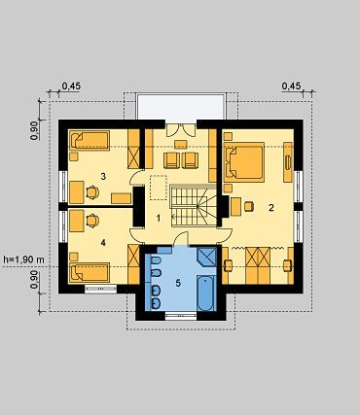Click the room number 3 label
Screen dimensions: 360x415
pyautogui.click(x=103, y=177)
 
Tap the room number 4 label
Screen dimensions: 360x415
pyautogui.click(x=103, y=242)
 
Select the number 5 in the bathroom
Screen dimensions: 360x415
pyautogui.click(x=178, y=283)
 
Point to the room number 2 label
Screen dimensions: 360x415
pyautogui.click(x=271, y=208)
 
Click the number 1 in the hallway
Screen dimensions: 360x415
pyautogui.click(x=159, y=219)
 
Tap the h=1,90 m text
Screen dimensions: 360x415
pyautogui.click(x=23, y=259)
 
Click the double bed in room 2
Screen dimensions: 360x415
pyautogui.click(x=243, y=160)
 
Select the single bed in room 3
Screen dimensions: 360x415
pyautogui.click(x=90, y=140)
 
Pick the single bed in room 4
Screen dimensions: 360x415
pyautogui.click(x=90, y=272)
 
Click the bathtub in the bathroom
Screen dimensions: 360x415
pyautogui.click(x=206, y=294)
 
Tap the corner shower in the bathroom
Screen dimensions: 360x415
pyautogui.click(x=206, y=257)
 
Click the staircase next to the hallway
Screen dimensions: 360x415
pyautogui.click(x=194, y=206)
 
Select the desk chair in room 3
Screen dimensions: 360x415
pyautogui.click(x=92, y=192)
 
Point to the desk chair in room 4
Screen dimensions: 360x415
pyautogui.click(x=92, y=221)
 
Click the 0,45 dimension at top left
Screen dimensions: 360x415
pyautogui.click(x=71, y=86)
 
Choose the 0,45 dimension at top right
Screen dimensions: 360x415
pyautogui.click(x=291, y=86)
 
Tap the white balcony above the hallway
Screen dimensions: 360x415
pyautogui.click(x=180, y=107)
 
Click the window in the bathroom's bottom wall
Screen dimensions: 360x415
pyautogui.click(x=181, y=317)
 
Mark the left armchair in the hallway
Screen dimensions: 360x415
pyautogui.click(x=171, y=160)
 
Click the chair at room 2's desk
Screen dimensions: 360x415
pyautogui.click(x=249, y=206)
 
